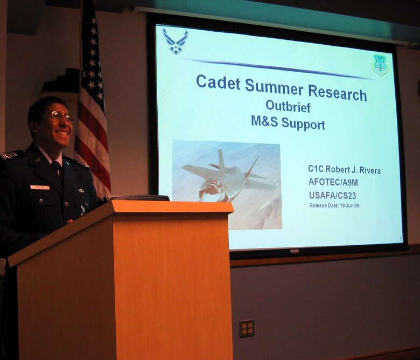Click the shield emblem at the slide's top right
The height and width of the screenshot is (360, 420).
(x=380, y=65)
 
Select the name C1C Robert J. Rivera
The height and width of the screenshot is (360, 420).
(x=344, y=170)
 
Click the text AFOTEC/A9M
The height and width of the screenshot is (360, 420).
(x=333, y=183)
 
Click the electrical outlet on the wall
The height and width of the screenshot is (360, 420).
(x=247, y=328)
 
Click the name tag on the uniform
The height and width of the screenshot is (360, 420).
(x=39, y=187)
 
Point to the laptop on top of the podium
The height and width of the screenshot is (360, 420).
(x=137, y=198)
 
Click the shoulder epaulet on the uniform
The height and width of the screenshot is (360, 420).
(x=10, y=155)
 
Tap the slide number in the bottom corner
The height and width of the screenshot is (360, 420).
(x=401, y=239)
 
